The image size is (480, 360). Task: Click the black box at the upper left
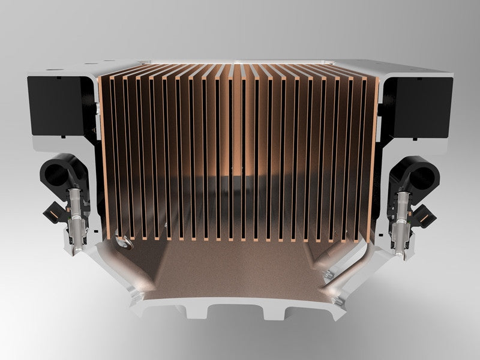57,105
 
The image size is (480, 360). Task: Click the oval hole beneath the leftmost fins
125,244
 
